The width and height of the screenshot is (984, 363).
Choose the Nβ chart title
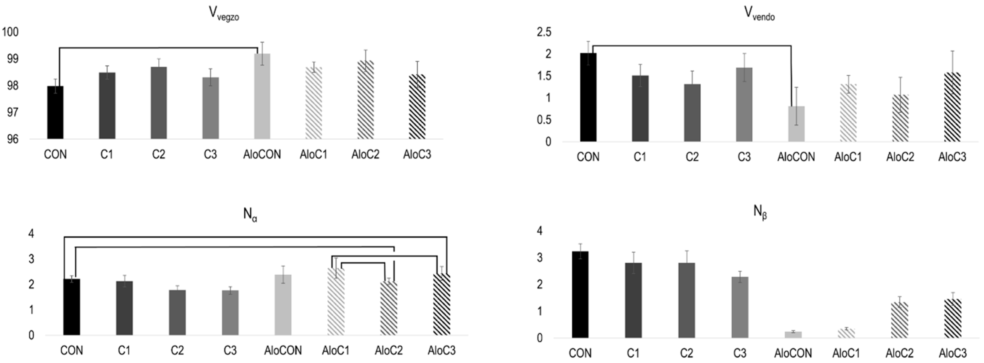[760, 212]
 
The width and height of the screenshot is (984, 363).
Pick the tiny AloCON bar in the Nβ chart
[793, 335]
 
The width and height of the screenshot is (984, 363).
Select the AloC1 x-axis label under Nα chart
[335, 350]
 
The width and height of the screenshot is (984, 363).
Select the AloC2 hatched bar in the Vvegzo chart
[365, 100]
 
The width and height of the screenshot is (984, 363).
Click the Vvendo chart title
[759, 14]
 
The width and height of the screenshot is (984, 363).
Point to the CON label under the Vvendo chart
[588, 157]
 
